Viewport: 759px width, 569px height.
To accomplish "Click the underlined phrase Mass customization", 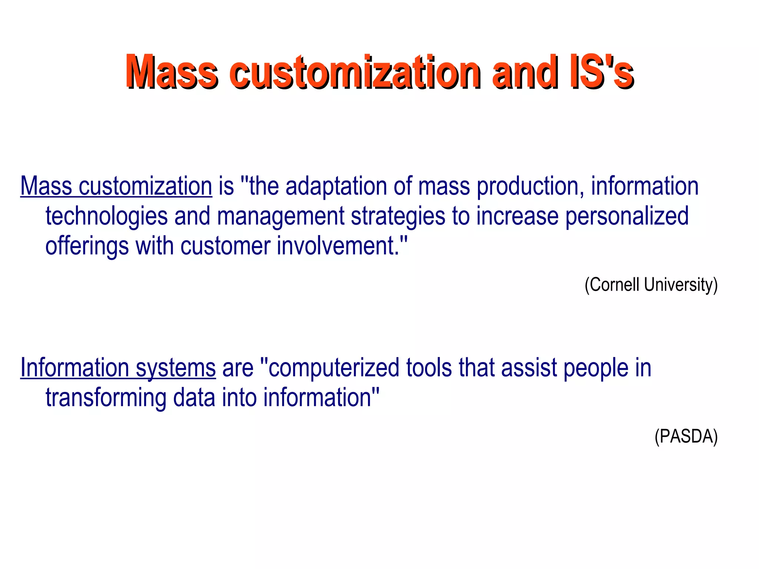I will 116,186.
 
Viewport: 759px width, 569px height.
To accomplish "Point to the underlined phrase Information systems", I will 118,368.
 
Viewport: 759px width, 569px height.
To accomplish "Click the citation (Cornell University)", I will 651,285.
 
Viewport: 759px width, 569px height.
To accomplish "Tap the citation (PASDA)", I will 686,436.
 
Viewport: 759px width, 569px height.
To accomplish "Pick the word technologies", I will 107,216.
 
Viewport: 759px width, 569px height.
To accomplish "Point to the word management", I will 281,216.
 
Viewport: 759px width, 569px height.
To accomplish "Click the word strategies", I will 398,216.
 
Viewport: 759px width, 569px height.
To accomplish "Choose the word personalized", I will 627,216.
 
